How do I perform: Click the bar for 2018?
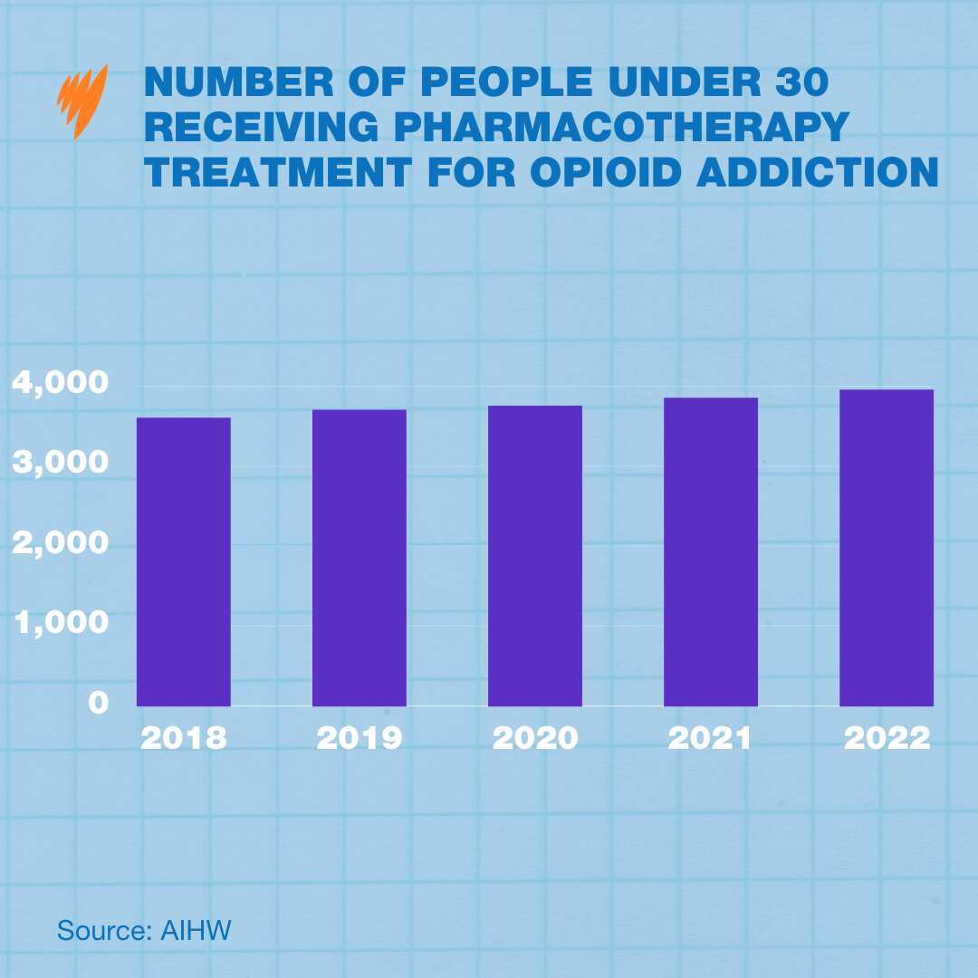click(184, 561)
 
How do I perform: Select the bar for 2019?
click(360, 558)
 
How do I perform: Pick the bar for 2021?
click(711, 551)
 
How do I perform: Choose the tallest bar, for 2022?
click(887, 548)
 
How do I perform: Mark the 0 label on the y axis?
click(98, 703)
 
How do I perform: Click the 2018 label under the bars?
click(184, 738)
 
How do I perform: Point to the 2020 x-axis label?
click(535, 738)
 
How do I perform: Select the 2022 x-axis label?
click(887, 738)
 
